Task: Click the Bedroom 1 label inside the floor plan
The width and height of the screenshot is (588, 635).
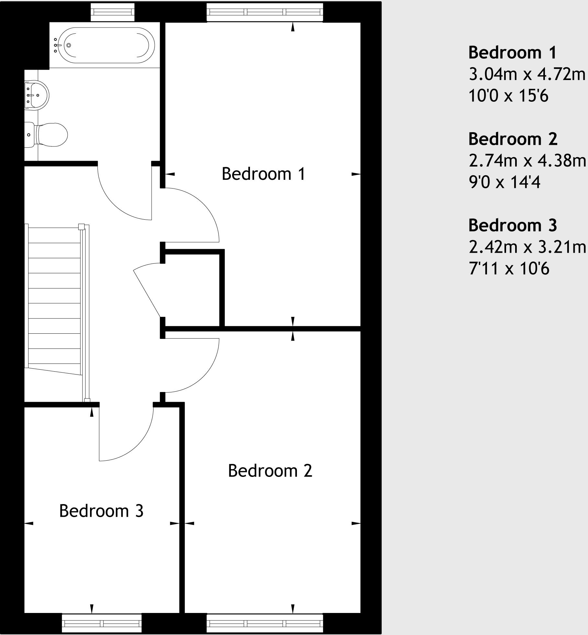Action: click(x=264, y=174)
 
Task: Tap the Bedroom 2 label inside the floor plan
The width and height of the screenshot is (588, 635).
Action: click(x=270, y=471)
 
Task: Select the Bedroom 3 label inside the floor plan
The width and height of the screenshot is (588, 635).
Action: click(x=101, y=511)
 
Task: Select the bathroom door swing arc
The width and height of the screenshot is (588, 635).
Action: click(x=117, y=204)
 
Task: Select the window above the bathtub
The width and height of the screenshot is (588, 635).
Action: click(x=112, y=12)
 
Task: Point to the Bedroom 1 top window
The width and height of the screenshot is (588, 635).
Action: click(x=265, y=12)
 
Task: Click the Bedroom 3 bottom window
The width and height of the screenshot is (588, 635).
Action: click(x=102, y=623)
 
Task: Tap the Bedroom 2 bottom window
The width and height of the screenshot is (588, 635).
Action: click(x=265, y=623)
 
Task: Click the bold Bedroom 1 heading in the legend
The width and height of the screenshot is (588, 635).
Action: click(x=512, y=52)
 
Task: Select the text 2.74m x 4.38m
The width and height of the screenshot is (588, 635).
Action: click(x=527, y=161)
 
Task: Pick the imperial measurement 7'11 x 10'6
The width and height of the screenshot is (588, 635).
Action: click(x=509, y=269)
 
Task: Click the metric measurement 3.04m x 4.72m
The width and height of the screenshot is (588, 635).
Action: click(x=527, y=75)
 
